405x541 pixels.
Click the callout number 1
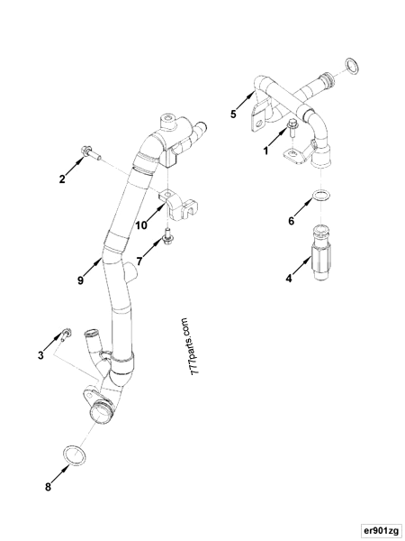[x=266, y=152]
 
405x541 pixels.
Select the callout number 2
[x=62, y=179]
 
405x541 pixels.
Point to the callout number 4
[x=290, y=280]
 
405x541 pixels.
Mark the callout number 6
[x=290, y=220]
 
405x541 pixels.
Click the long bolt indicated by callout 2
[x=94, y=152]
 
